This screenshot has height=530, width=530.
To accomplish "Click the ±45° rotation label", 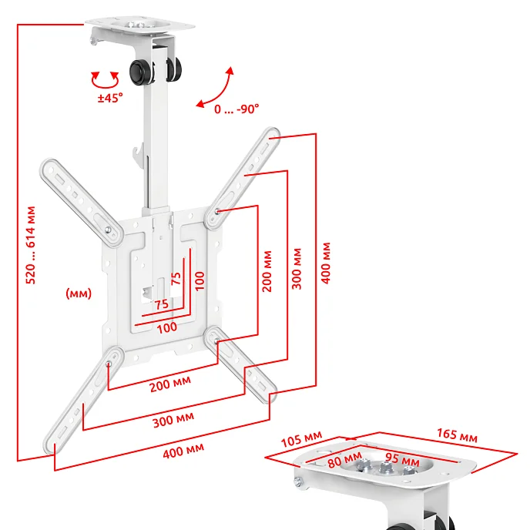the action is [x=110, y=98].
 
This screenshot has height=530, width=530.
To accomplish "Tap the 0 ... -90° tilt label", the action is [x=236, y=109].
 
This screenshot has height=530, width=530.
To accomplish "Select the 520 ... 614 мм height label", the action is [x=30, y=245].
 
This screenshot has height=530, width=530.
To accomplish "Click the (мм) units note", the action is [x=79, y=293].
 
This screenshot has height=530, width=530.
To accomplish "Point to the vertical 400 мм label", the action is [x=326, y=263].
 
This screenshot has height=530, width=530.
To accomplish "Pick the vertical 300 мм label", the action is [x=297, y=269].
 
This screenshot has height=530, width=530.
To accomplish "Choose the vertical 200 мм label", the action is [x=267, y=271].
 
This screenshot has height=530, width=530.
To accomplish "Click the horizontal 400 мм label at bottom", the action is [x=183, y=451].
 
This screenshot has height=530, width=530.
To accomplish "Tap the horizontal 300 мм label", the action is [x=173, y=420].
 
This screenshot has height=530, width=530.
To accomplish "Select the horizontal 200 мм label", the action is [x=170, y=384].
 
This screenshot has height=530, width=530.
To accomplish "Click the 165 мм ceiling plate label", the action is [x=457, y=435].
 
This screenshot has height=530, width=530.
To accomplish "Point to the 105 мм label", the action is [x=301, y=439].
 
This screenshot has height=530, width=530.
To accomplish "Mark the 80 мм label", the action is [x=345, y=460].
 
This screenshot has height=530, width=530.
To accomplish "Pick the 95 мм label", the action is [x=402, y=459].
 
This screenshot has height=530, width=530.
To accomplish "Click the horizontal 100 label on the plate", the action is [x=167, y=327].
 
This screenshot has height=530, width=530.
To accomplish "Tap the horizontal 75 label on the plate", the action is [x=162, y=304].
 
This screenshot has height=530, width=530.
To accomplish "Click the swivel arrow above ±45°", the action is [x=105, y=80].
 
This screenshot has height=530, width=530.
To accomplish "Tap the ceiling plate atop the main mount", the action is [x=140, y=25].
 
